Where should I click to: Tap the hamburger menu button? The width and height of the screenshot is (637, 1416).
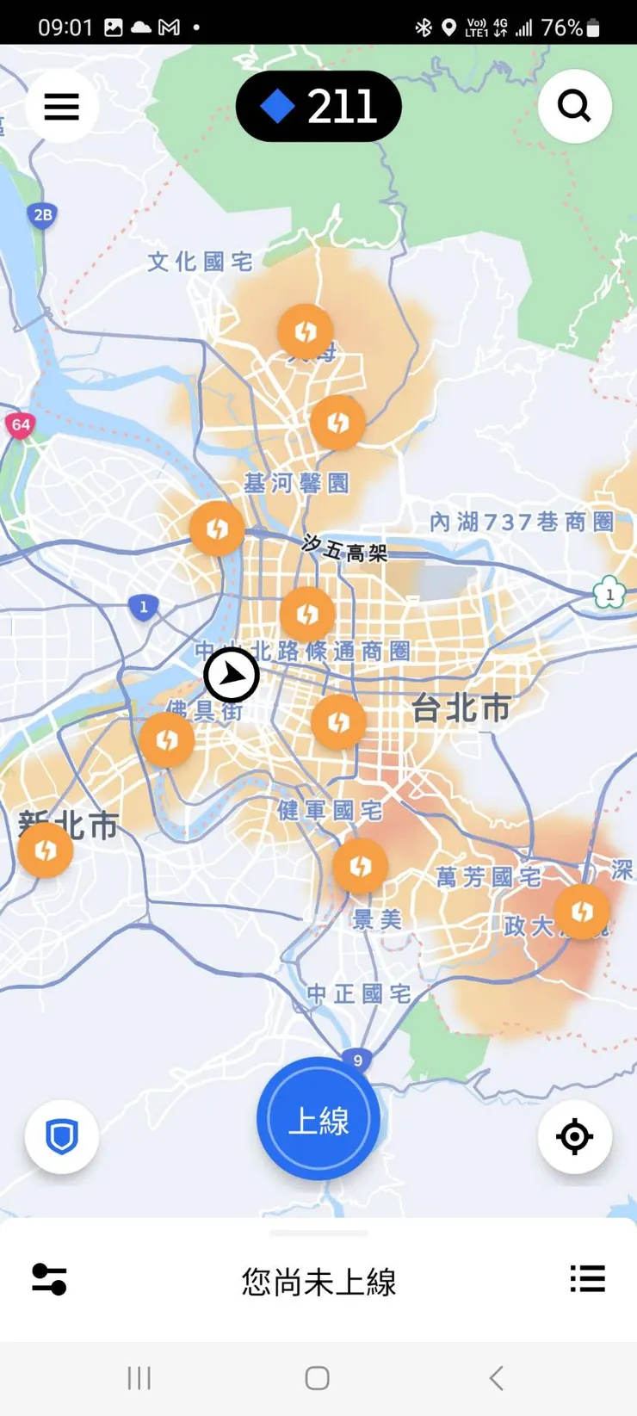[x=62, y=107]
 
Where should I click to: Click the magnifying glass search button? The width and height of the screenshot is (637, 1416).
[x=574, y=107]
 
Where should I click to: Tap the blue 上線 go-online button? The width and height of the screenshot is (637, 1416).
[x=318, y=1119]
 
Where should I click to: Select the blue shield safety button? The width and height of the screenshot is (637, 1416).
[x=62, y=1136]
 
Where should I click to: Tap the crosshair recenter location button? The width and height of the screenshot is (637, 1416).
[x=574, y=1136]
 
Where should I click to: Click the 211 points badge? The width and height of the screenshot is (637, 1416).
[x=318, y=107]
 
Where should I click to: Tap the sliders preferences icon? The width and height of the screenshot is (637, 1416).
[x=49, y=1279]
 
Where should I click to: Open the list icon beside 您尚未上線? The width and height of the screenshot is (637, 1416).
[x=587, y=1279]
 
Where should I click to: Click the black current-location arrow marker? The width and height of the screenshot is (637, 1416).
[x=232, y=676]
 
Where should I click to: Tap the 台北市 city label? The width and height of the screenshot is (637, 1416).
[x=461, y=708]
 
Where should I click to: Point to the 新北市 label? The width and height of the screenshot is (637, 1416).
[x=69, y=825]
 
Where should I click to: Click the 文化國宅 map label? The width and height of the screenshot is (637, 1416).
[x=200, y=262]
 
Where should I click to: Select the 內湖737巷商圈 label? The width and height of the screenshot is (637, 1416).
[x=522, y=522]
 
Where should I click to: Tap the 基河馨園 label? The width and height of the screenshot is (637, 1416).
[x=296, y=483]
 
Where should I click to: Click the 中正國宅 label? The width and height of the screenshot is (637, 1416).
[x=359, y=994]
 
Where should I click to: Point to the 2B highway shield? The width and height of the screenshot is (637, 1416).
[x=42, y=215]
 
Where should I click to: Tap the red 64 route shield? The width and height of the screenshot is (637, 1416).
[x=21, y=424]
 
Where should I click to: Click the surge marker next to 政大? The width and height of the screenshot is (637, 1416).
[x=582, y=911]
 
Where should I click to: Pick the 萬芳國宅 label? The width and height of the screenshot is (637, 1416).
[x=488, y=877]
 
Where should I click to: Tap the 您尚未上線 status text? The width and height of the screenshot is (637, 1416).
[x=318, y=1283]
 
